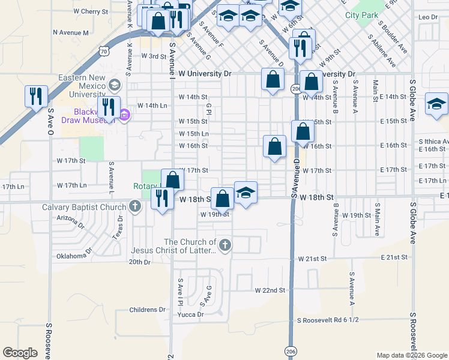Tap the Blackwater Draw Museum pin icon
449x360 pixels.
point(125,115)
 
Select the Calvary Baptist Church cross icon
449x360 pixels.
point(136,208)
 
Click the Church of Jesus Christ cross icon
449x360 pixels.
point(225,244)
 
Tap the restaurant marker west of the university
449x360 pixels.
point(36,96)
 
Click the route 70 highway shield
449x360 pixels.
point(104,52)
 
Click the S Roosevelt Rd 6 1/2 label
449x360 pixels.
point(327,320)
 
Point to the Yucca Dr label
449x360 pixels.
point(191,314)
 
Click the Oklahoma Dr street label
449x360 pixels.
point(65,256)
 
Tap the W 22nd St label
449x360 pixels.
point(270,290)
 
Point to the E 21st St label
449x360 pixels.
point(394,257)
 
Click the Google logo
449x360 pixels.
point(20,353)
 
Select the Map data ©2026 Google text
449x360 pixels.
point(411,355)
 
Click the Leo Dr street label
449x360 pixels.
point(430,17)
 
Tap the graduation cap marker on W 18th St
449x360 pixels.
point(246,193)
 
